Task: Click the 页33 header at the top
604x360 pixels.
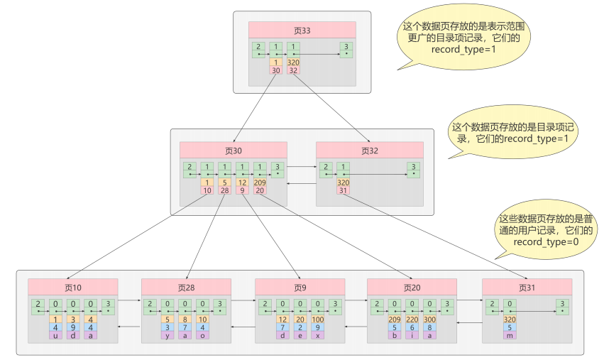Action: point(302,30)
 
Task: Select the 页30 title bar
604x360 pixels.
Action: point(233,150)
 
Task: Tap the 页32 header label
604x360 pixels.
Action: point(369,150)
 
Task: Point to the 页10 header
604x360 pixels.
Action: point(73,287)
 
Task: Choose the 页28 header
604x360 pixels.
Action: point(187,287)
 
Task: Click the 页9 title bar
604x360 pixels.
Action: point(300,287)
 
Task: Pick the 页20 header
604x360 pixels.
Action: point(412,287)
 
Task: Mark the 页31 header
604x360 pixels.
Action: point(527,287)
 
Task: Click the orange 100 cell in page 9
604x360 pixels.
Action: point(317,320)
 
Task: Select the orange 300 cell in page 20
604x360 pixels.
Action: point(430,320)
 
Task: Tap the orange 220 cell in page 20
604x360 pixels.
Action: point(412,320)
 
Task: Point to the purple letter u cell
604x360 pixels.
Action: point(55,335)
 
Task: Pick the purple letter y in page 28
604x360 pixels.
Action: point(168,335)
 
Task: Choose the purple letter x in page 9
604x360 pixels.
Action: point(317,335)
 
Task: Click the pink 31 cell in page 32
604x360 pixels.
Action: point(344,190)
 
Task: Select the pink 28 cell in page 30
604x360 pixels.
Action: point(224,190)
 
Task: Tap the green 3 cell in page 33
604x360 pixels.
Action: point(346,50)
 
